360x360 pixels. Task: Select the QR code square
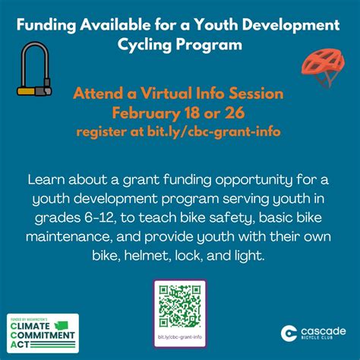pyautogui.click(x=180, y=305)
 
